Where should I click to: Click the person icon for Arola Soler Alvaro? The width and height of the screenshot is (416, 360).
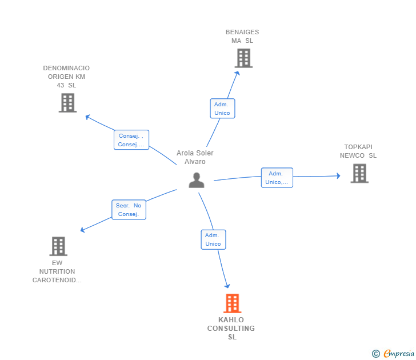pos(197,180)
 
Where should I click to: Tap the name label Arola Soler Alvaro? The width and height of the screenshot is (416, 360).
pos(195,157)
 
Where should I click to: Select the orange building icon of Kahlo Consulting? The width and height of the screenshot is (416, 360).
pos(231,303)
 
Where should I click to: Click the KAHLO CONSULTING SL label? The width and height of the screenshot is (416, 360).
pos(231,329)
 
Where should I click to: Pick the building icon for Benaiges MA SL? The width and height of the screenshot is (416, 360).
pos(243,58)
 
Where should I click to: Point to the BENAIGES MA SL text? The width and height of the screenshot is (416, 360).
pos(242,37)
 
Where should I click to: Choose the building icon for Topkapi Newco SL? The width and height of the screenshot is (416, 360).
pos(359,173)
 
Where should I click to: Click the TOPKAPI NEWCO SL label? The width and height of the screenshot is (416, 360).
pos(358,151)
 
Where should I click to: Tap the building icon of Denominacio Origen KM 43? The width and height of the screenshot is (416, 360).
pos(67,103)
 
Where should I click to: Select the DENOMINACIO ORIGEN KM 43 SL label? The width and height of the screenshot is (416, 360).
pos(66,77)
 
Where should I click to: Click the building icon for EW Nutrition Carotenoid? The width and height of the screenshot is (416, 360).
pos(58,246)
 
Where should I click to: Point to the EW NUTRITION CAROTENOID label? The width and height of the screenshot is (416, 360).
pos(57,271)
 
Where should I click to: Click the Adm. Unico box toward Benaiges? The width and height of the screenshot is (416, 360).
pos(222,109)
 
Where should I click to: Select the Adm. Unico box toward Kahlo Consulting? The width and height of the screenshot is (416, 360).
pos(213,239)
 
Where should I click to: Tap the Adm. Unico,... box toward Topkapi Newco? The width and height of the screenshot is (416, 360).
pos(277,178)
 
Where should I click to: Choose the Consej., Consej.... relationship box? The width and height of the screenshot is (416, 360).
pos(131,140)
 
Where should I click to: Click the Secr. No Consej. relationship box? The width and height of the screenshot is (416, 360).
pos(129,210)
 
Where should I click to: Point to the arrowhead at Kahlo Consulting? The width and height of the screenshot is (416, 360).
pos(227,285)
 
